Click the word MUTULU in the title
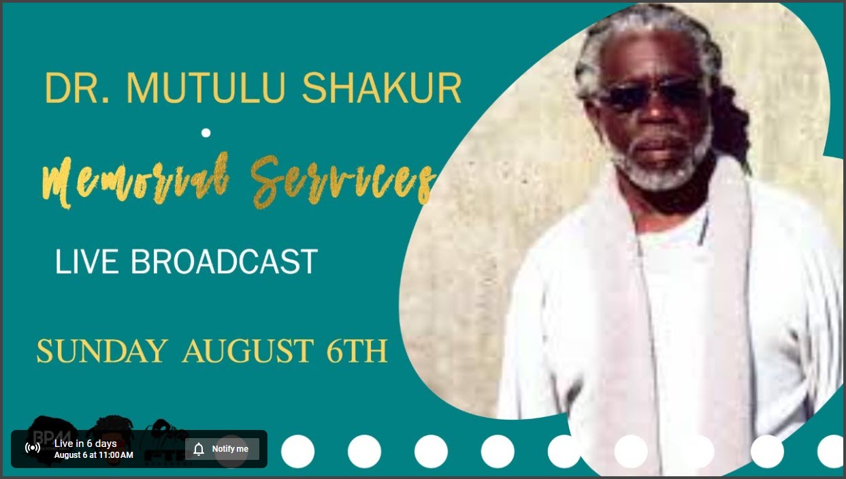(x=206, y=88)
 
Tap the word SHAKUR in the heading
(x=382, y=88)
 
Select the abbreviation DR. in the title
(x=77, y=88)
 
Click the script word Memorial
(x=136, y=181)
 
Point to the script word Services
(x=342, y=181)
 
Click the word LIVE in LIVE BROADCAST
(x=86, y=262)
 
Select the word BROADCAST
(x=225, y=262)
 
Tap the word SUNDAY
(x=102, y=351)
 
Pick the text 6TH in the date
(x=357, y=351)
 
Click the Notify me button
(x=222, y=449)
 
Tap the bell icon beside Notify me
(x=199, y=449)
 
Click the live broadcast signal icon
(x=33, y=448)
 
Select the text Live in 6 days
(x=85, y=444)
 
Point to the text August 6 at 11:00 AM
(x=94, y=455)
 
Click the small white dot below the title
(x=206, y=133)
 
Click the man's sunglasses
(x=651, y=93)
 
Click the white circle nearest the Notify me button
(x=297, y=451)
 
